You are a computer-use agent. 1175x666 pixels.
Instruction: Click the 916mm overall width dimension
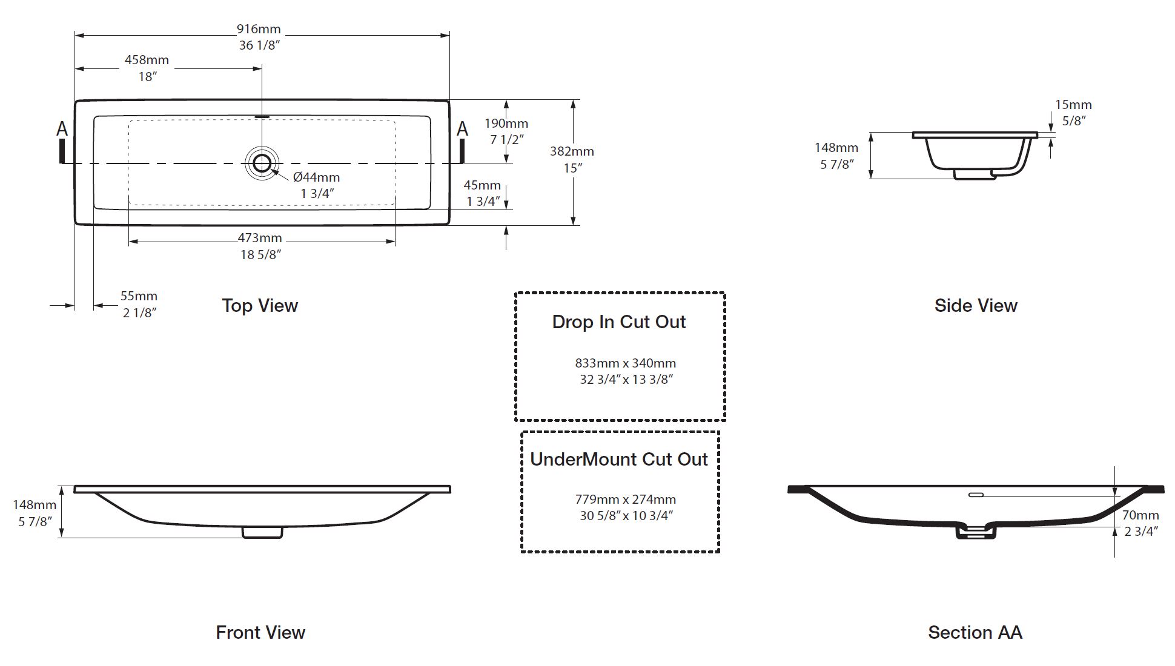point(259,29)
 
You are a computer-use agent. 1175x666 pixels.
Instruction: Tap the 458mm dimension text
point(147,60)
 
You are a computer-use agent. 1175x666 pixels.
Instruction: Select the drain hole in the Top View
point(262,163)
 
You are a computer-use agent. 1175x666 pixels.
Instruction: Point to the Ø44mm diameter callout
point(316,177)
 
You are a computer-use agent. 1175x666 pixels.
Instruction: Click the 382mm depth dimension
point(572,151)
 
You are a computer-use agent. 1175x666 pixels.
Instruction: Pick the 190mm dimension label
point(506,124)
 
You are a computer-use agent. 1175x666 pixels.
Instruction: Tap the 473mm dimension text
point(260,239)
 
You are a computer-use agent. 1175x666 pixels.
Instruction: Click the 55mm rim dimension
point(139,296)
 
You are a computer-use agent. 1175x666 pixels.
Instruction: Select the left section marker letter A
point(62,129)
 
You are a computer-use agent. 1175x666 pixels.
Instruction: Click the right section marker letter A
point(462,129)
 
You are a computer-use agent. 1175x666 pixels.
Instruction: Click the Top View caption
point(260,306)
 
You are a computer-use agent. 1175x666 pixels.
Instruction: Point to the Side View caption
point(976,306)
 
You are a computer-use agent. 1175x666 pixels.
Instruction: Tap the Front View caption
point(260,633)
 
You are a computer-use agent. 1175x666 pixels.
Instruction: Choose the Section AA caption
point(975,633)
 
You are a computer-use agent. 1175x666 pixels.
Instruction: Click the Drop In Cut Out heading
point(619,322)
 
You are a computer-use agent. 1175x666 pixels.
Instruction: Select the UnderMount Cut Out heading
point(619,460)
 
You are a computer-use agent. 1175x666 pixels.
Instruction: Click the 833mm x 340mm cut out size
point(626,363)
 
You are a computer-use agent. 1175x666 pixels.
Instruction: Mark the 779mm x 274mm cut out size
point(626,499)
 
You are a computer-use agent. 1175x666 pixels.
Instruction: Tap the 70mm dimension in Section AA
point(1140,515)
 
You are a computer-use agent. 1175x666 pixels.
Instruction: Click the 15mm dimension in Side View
point(1073,105)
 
